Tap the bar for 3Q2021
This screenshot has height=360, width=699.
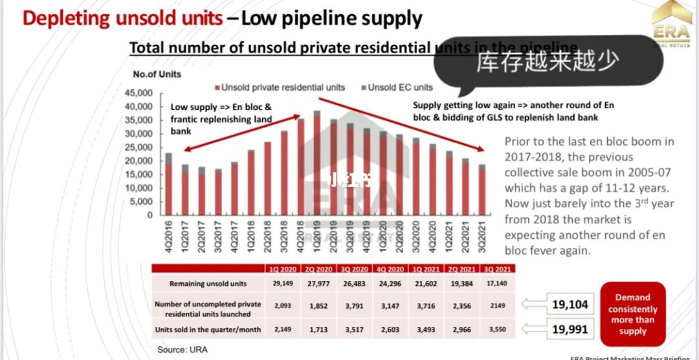coord(482,190)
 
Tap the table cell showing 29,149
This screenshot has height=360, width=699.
coord(283,284)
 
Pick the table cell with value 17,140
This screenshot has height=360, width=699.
coord(498,284)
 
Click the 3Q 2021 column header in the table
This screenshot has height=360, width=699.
coord(498,269)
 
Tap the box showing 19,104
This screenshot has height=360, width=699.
coord(570,305)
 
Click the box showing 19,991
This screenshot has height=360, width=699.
coord(570,329)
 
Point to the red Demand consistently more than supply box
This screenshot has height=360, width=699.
coord(632,314)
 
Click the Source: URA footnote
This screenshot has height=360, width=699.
coord(183,350)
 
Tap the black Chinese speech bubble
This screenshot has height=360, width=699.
coord(548,62)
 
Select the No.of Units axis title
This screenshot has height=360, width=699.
coord(157,74)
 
